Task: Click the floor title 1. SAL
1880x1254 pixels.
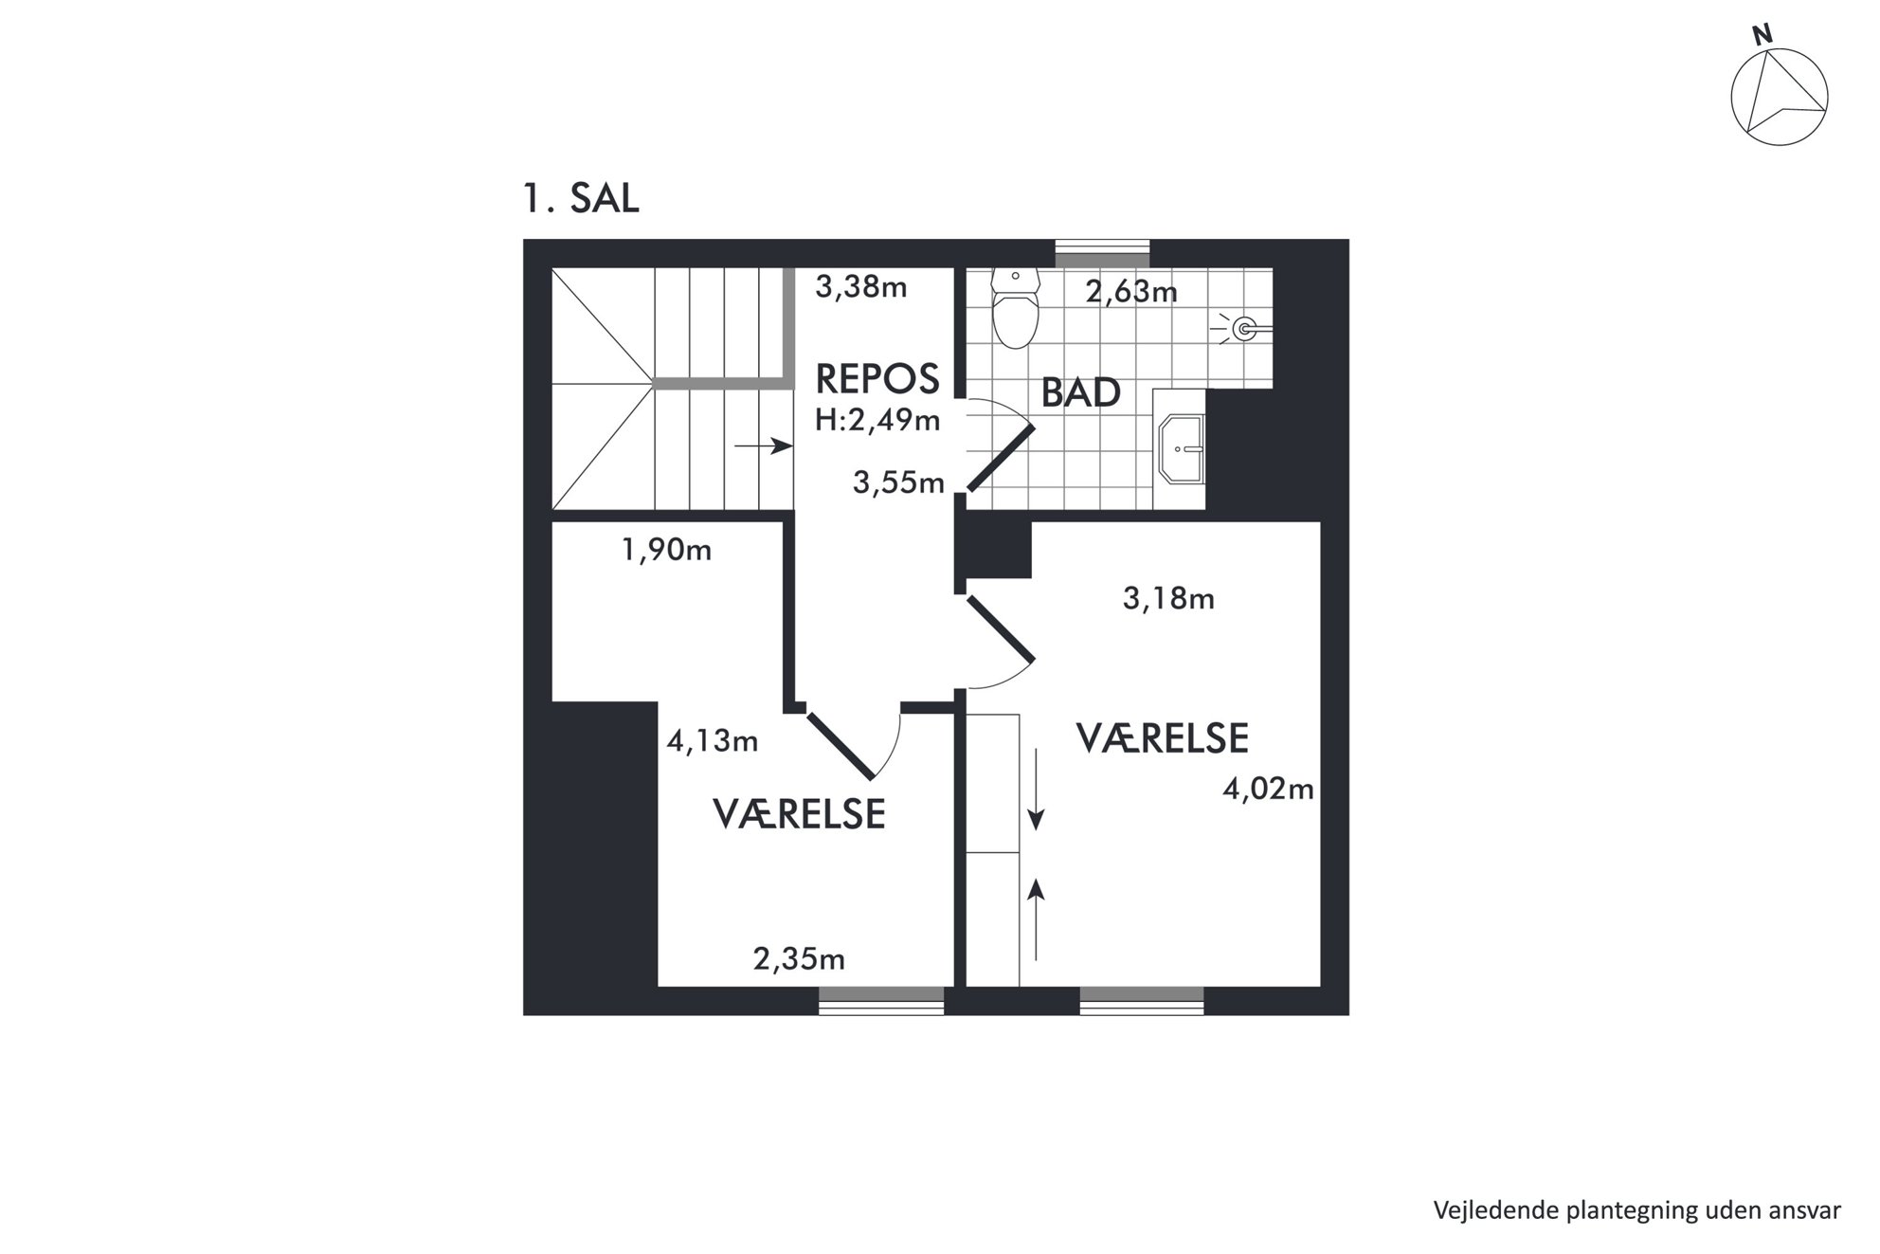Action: (581, 198)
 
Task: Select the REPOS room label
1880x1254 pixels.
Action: (877, 379)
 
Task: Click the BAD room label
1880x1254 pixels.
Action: (1081, 392)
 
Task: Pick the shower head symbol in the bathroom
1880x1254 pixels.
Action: (1244, 329)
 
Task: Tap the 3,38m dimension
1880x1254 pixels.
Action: (861, 286)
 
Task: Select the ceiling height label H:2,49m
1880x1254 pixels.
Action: (877, 420)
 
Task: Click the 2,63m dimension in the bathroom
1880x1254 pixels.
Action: (1131, 291)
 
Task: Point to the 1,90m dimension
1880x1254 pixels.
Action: (666, 550)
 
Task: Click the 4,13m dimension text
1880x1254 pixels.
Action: (713, 741)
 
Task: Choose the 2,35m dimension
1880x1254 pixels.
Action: (799, 959)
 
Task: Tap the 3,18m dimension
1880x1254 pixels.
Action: (1168, 599)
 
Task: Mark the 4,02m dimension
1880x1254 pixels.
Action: (1268, 789)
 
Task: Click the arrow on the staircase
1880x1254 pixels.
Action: (764, 445)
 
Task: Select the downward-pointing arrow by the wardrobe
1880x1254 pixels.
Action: (1037, 790)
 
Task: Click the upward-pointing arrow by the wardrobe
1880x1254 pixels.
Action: (1037, 918)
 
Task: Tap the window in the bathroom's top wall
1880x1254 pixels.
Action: (1103, 254)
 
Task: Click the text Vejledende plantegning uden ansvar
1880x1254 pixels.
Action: (1636, 1210)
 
